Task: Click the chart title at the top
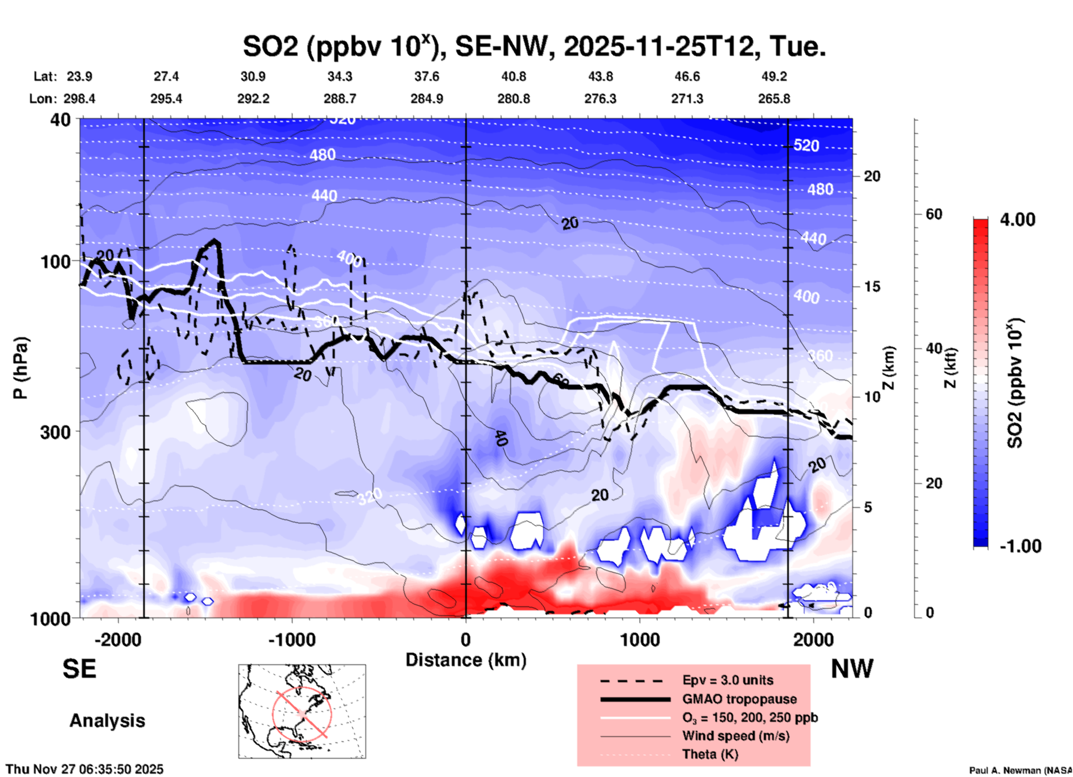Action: point(534,46)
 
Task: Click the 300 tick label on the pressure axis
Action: point(55,432)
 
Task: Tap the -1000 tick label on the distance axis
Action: point(291,639)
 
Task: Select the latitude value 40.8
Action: point(513,76)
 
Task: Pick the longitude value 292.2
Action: point(253,99)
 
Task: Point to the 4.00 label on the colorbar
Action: point(1017,220)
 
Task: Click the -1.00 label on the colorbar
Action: point(1020,546)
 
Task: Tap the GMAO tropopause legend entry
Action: point(739,699)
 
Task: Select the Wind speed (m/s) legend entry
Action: point(735,736)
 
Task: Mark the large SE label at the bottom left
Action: point(79,669)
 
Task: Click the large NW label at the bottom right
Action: point(852,669)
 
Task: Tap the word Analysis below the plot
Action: point(107,721)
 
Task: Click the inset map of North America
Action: point(302,711)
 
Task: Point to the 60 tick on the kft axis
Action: point(934,214)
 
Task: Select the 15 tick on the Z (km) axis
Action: point(871,286)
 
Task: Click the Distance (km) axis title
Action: point(466,660)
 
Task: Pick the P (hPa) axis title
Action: point(21,368)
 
